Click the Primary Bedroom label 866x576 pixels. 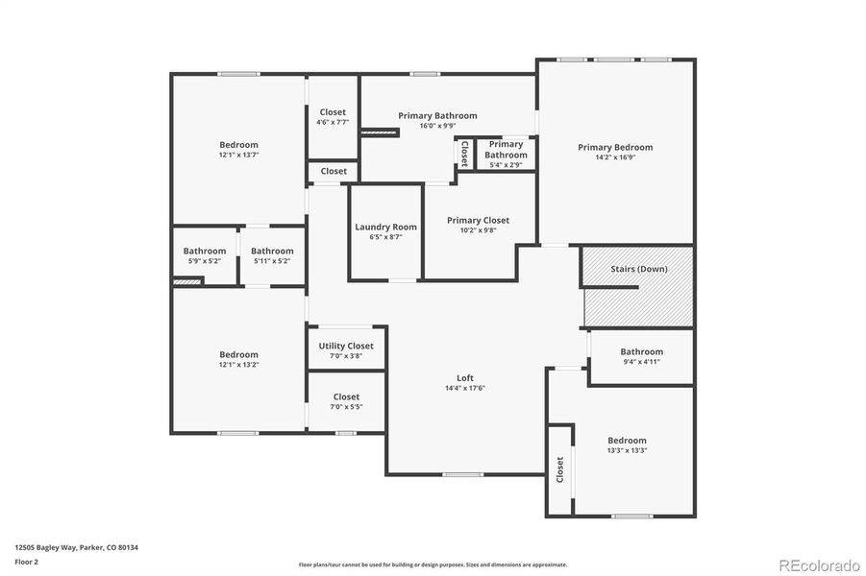point(615,147)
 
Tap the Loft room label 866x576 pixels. point(465,377)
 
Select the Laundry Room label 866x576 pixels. point(385,227)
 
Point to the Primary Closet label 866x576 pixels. point(478,220)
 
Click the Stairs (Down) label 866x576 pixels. point(638,269)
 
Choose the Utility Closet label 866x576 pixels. point(346,346)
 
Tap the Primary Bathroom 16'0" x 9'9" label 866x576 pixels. point(437,115)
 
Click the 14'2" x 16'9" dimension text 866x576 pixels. point(615,157)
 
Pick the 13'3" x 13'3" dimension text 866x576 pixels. point(627,450)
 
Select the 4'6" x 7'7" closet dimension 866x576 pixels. point(333,122)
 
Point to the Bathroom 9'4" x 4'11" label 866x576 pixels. point(641,351)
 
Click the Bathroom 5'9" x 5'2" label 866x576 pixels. point(205,251)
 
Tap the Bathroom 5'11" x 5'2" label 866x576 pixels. point(272,251)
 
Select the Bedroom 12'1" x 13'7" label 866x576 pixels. point(238,145)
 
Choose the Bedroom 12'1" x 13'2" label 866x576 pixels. point(238,354)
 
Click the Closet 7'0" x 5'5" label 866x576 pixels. point(346,396)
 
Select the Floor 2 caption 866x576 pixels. point(27,562)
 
